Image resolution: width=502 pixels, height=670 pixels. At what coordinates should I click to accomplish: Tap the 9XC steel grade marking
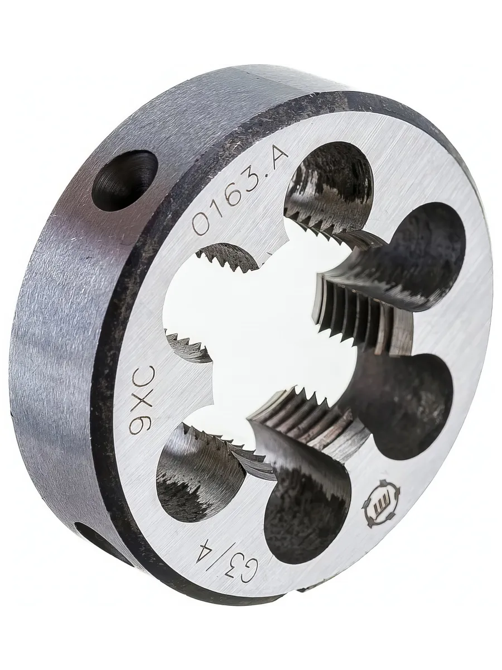143,400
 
